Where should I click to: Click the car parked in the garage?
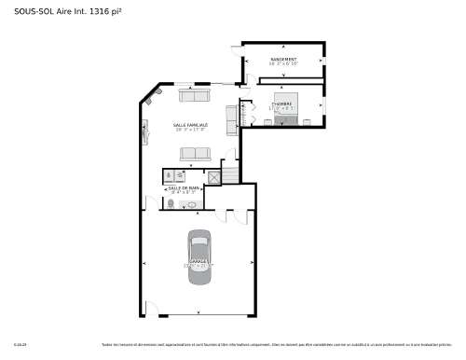coord(199,253)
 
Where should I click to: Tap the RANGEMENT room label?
coord(284,60)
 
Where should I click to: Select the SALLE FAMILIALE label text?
coord(190,124)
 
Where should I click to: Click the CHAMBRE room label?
coord(282,103)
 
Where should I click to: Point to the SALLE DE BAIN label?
coord(183,187)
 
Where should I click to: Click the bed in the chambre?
coord(284,109)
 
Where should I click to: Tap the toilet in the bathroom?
coord(171,202)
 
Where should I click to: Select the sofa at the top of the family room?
coord(195,96)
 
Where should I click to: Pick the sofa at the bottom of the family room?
coord(195,154)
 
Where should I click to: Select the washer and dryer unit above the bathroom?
coord(174,173)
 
